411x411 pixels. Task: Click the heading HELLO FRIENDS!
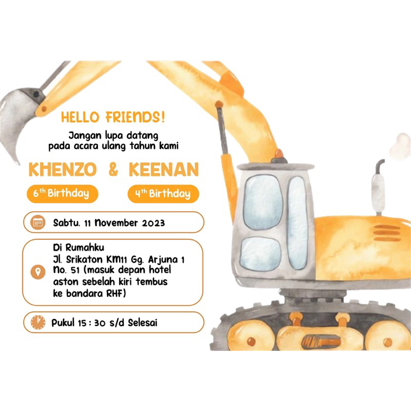pos(113,117)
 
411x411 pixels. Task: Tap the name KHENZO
pos(63,170)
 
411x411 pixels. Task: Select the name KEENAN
pos(164,170)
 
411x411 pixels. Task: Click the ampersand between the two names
pos(113,170)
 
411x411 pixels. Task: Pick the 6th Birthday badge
pos(62,194)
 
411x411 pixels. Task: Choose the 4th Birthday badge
pos(163,194)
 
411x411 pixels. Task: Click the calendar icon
pos(38,222)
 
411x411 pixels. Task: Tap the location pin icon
pos(38,272)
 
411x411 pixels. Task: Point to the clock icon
pos(38,323)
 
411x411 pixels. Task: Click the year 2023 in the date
pos(154,223)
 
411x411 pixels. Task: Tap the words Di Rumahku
pos(79,247)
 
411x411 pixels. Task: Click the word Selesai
pos(143,323)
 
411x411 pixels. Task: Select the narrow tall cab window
pos(297,222)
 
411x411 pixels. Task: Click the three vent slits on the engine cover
pos(387,233)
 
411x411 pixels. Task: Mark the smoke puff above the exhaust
pos(401,146)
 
